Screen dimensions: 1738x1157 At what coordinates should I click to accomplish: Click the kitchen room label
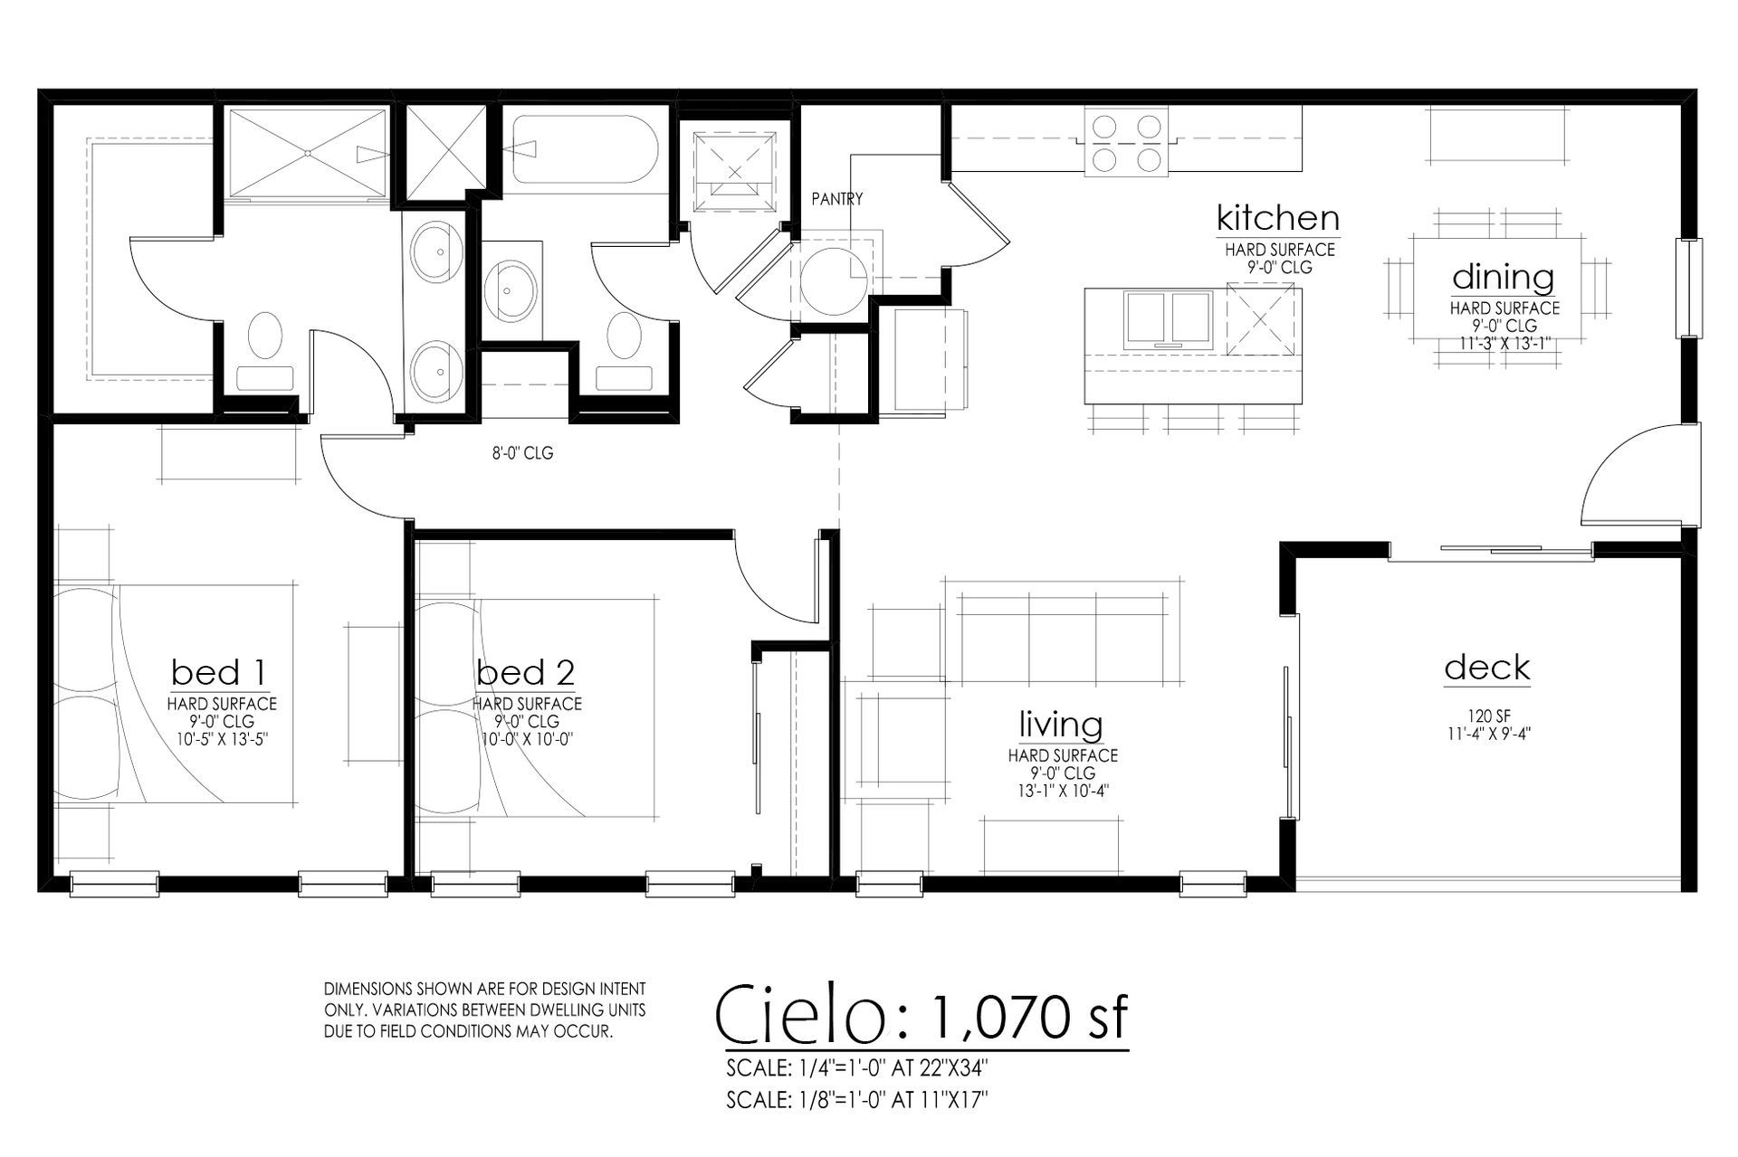pos(1277,218)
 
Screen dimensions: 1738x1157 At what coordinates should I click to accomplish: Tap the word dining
pos(1503,278)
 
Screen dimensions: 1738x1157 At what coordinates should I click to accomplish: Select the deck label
pos(1487,668)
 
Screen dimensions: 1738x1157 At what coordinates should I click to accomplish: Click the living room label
pos(1061,725)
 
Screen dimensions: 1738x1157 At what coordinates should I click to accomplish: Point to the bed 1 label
pos(219,673)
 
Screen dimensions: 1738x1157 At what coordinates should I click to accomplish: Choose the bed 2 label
pos(526,673)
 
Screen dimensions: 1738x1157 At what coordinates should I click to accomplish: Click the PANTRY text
pos(836,199)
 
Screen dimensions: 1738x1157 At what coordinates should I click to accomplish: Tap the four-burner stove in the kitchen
pos(1126,142)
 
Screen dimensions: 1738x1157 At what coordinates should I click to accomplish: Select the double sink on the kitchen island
pos(1168,319)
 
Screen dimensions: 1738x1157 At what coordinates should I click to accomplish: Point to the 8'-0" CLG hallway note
pos(522,453)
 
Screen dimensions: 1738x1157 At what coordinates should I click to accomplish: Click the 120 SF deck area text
pos(1487,717)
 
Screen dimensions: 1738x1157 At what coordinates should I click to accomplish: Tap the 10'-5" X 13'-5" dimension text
pos(222,739)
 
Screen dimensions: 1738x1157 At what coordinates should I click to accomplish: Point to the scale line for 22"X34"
pos(856,1068)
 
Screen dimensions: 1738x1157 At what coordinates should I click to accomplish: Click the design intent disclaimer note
pos(485,1010)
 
